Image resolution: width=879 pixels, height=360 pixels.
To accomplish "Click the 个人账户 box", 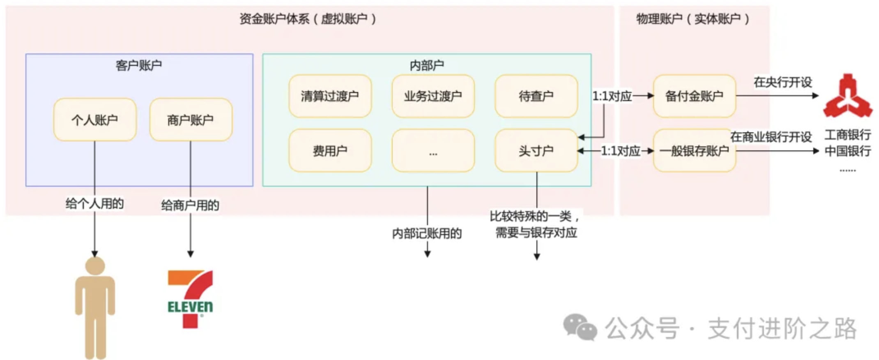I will [94, 120].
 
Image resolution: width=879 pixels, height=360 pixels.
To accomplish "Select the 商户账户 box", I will [191, 120].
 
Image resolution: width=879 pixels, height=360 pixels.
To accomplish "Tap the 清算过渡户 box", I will [330, 96].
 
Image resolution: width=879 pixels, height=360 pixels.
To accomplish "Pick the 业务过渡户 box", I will [433, 96].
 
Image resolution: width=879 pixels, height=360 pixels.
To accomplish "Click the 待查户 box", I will [536, 96].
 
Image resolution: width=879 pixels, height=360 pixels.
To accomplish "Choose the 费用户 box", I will [330, 151].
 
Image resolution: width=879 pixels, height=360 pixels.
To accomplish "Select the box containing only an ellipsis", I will [433, 151].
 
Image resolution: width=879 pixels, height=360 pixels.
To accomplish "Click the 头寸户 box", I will [536, 151].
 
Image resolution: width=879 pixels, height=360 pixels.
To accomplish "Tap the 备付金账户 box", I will [694, 96].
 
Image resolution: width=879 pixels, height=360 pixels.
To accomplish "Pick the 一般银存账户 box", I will [694, 151].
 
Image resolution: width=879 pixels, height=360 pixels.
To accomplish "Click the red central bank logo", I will [848, 96].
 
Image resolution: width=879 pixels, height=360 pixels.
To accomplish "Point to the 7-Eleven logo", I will [190, 299].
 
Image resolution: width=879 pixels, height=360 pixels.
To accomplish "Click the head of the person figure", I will [95, 265].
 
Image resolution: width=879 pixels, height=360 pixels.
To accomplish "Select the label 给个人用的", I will [94, 203].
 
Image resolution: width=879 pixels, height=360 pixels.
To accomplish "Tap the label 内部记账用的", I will [427, 233].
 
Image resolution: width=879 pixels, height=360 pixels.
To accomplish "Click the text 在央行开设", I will [782, 82].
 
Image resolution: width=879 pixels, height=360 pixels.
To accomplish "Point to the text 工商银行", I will [847, 134].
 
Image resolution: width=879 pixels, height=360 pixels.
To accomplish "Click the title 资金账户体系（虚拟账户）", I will [308, 19].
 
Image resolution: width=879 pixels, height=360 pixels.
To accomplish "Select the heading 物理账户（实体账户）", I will [693, 19].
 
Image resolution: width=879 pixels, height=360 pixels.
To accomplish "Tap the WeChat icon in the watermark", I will [580, 328].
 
